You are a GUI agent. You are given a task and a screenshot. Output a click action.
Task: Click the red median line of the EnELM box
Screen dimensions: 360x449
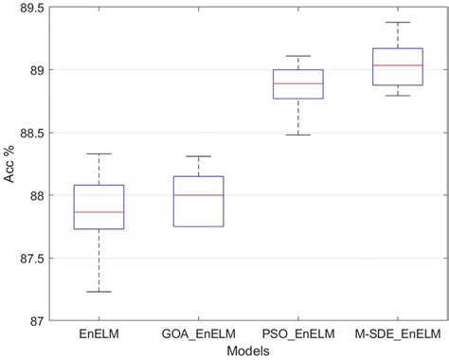pos(99,212)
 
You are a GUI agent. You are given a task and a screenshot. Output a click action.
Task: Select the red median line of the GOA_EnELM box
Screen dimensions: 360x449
pos(198,195)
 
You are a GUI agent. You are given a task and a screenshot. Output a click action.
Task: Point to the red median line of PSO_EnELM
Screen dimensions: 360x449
pos(297,83)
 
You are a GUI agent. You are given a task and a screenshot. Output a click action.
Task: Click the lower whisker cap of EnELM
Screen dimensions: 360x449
pos(99,292)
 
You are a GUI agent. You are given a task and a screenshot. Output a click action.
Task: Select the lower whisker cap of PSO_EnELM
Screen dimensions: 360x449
pos(297,135)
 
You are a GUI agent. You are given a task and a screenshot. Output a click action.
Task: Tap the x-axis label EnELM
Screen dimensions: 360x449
pos(99,333)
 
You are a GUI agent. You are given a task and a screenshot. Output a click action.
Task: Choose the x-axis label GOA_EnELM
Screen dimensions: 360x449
pos(198,333)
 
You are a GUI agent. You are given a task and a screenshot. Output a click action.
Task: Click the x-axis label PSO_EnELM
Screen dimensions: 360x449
pos(297,333)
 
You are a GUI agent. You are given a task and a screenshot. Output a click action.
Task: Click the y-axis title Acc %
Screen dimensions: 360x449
pos(9,165)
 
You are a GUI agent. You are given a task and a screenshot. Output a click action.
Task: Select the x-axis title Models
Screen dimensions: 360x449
pos(248,350)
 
